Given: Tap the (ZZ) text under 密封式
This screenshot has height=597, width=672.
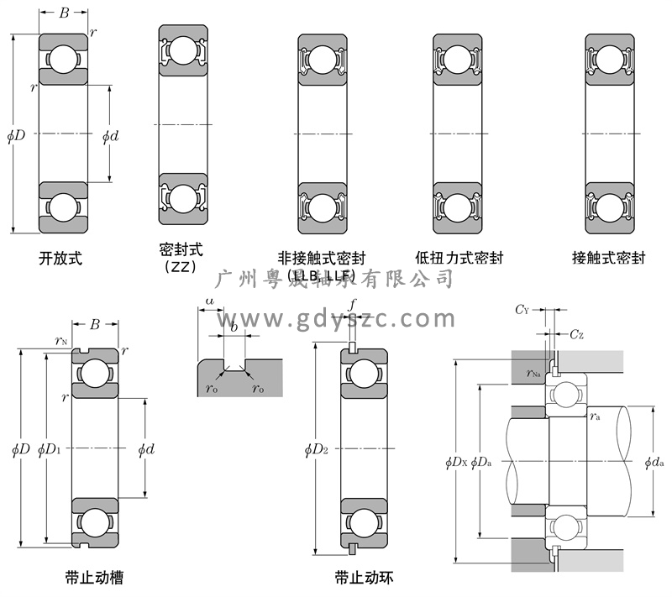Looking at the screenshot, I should point(181,268).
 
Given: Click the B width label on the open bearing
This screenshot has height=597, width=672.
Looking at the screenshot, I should point(64,13).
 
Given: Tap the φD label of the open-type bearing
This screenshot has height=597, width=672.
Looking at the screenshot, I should point(16,134).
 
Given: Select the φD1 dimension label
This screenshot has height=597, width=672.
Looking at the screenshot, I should point(50,449).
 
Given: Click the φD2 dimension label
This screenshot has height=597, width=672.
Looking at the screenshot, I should point(317,449).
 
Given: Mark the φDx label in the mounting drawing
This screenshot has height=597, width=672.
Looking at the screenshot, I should point(456,461).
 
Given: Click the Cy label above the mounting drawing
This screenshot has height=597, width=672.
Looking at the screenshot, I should point(522,310).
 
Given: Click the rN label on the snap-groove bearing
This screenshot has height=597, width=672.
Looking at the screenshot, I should point(60,341).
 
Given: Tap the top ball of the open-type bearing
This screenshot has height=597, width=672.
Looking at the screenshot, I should point(63,60).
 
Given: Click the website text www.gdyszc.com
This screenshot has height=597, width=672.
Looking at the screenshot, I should point(336,318).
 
